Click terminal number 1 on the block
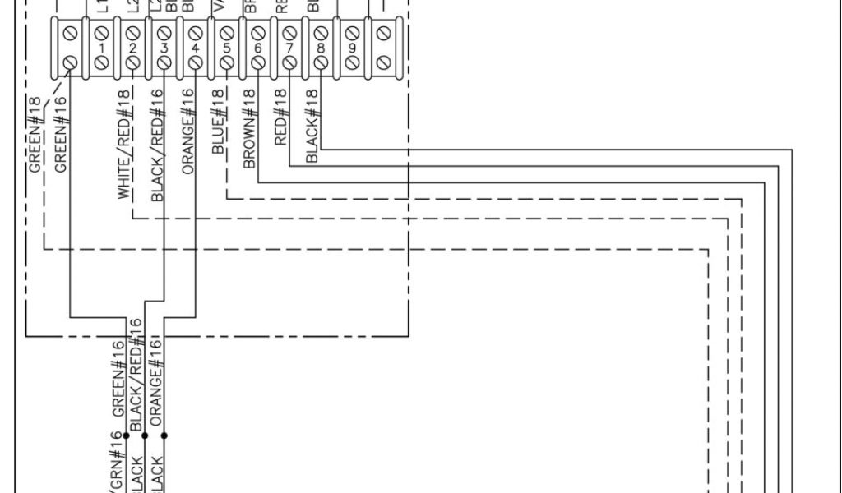click(x=101, y=48)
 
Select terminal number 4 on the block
click(x=195, y=48)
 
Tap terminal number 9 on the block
click(x=352, y=48)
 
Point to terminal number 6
click(x=258, y=48)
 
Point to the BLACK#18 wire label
click(x=312, y=125)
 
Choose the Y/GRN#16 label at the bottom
click(x=113, y=464)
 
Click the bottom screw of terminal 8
click(x=321, y=62)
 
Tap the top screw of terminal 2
click(x=132, y=34)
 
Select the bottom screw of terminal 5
click(x=227, y=62)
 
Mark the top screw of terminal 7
click(x=289, y=34)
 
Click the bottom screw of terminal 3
click(x=164, y=62)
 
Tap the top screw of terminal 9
click(x=352, y=34)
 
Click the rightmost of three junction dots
click(x=164, y=435)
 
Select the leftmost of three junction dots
click(x=126, y=435)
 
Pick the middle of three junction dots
click(x=145, y=435)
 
